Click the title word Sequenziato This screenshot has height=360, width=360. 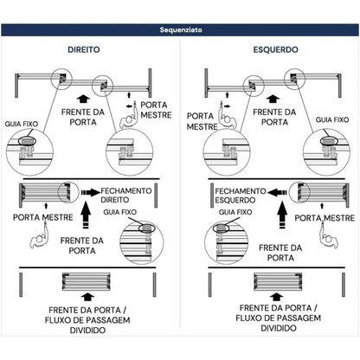point(181,29)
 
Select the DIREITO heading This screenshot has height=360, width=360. point(84,49)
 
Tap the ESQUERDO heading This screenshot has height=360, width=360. point(275,49)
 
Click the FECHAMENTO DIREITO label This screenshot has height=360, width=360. point(126,196)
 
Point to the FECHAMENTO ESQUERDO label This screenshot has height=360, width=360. point(241,196)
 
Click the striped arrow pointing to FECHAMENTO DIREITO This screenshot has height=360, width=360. point(91,192)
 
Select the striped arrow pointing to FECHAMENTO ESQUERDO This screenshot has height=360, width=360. point(277,192)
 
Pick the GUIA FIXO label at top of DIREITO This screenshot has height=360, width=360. point(22,124)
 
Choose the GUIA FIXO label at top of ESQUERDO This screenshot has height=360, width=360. point(332,119)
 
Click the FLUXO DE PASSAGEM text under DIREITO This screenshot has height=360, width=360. point(87,320)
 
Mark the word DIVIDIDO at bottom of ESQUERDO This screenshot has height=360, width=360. point(279,328)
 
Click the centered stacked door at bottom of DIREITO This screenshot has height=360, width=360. point(87,281)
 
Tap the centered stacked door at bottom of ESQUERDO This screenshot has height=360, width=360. point(278,281)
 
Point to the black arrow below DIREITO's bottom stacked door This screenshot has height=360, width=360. point(87,297)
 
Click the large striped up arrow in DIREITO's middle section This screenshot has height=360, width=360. point(86,215)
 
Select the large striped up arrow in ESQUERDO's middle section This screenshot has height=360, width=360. point(282,215)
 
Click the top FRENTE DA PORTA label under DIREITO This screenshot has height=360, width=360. point(83,117)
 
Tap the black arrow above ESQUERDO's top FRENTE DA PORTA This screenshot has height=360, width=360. point(273,99)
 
